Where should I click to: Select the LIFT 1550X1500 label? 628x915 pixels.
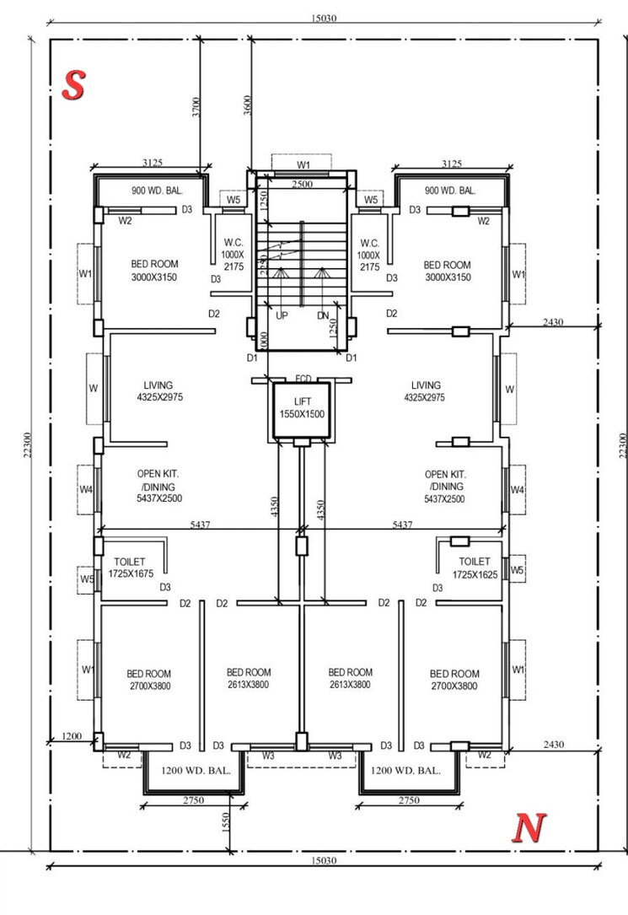point(302,407)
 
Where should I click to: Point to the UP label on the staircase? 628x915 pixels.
point(282,315)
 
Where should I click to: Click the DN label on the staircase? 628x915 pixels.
point(323,315)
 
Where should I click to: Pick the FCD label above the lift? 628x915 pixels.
point(303,379)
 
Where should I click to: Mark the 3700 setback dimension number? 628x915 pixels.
point(196,107)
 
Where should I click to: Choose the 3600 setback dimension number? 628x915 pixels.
point(247,107)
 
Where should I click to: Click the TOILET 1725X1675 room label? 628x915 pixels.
point(126,568)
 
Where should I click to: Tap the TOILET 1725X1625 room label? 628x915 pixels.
point(475,568)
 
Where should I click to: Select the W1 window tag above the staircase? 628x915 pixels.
point(303,164)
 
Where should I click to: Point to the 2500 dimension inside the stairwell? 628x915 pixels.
point(303,184)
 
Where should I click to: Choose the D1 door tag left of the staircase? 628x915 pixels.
point(251,358)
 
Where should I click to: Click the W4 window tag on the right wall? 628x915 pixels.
point(518,490)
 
